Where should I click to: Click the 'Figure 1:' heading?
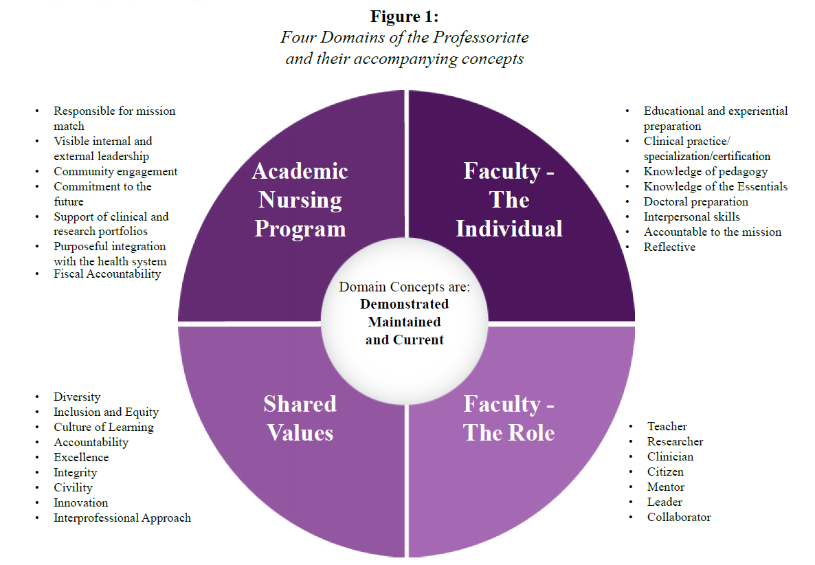pos(404,16)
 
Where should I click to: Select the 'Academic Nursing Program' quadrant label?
pos(300,200)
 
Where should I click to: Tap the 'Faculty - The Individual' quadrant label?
pos(509,200)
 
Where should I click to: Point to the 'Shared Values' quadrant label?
pos(300,418)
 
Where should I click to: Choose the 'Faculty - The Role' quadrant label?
pos(509,418)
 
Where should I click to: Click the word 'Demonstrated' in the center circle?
pos(404,304)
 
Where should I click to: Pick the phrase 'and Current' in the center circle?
pos(404,340)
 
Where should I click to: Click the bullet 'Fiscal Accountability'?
pos(107,274)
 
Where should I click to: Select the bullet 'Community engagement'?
pos(115,172)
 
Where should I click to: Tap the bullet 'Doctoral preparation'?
pos(695,201)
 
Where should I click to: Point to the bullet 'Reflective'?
pos(669,247)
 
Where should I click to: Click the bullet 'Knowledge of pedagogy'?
pos(706,171)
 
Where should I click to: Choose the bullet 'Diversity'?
pos(77,397)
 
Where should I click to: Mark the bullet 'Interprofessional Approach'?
pos(122,518)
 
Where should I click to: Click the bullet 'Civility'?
pos(73,487)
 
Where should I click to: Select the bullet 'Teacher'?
pos(667,426)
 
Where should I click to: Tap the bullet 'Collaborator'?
pos(679,517)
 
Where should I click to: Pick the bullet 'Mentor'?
pos(666,487)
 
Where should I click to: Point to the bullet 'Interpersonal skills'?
pos(691,217)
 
